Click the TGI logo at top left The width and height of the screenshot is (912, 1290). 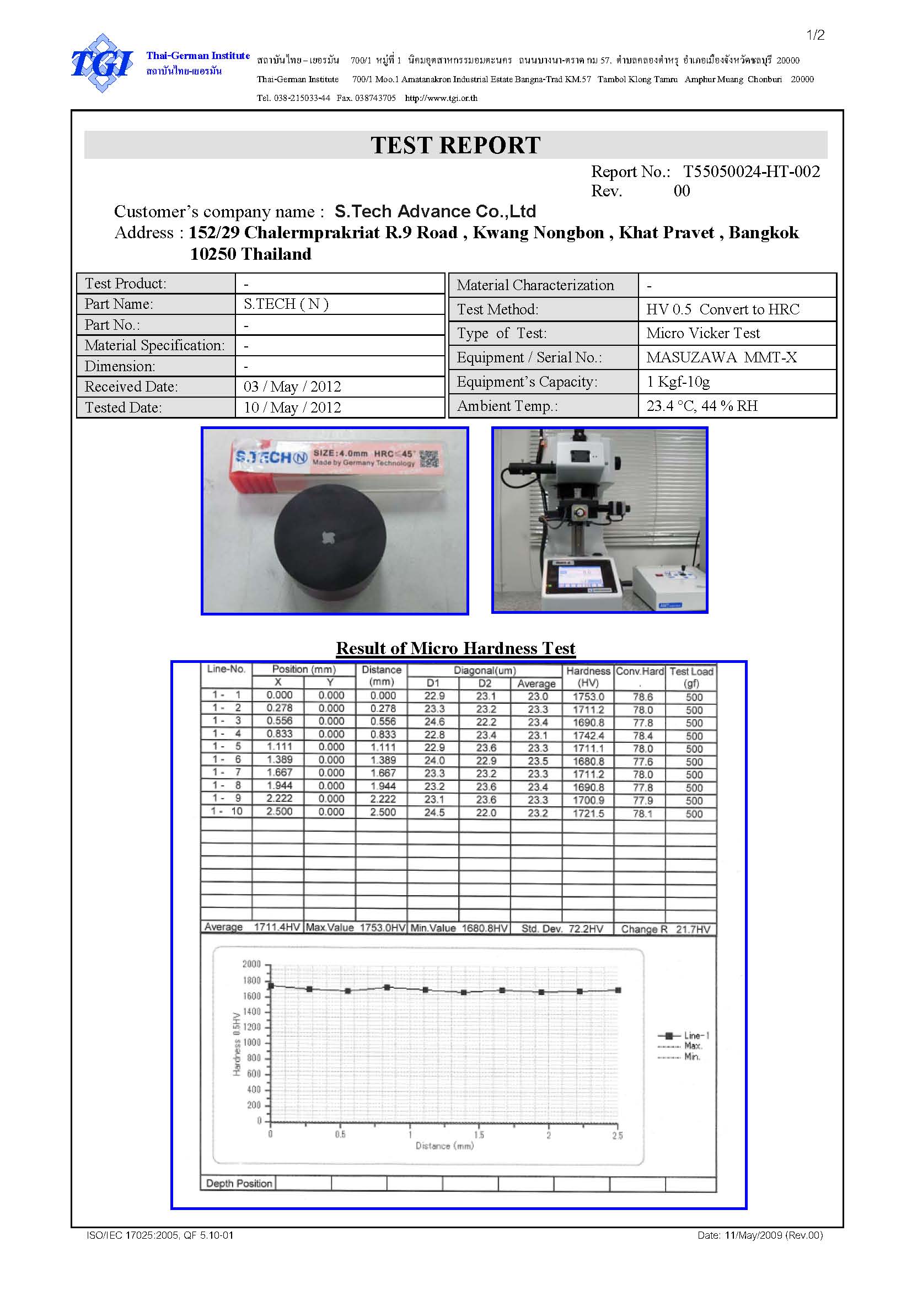click(x=101, y=63)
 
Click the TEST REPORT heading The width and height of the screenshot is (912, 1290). click(x=455, y=145)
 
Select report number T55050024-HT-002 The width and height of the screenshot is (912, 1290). click(x=752, y=172)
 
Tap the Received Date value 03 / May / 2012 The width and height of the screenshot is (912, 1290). click(x=292, y=387)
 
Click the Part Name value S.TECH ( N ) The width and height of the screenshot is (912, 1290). click(x=286, y=304)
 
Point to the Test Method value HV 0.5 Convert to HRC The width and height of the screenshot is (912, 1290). click(x=723, y=309)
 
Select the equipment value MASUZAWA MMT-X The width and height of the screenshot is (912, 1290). click(x=722, y=357)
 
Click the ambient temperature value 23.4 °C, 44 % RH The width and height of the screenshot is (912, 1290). click(x=702, y=406)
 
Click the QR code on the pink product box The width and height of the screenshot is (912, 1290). click(x=430, y=458)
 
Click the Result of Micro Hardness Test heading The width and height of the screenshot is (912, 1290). click(x=455, y=648)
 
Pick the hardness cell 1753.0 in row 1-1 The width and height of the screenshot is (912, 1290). click(x=588, y=697)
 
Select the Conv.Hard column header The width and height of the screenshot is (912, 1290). click(x=640, y=671)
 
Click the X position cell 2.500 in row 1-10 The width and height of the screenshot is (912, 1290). click(x=279, y=811)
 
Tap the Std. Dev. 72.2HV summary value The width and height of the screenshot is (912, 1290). click(x=562, y=929)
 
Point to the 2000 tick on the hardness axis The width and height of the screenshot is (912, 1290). click(x=251, y=964)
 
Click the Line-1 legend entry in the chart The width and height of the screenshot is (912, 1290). click(x=696, y=1036)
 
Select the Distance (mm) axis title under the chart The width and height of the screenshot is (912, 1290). click(x=444, y=1146)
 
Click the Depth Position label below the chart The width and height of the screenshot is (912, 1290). click(x=239, y=1183)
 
